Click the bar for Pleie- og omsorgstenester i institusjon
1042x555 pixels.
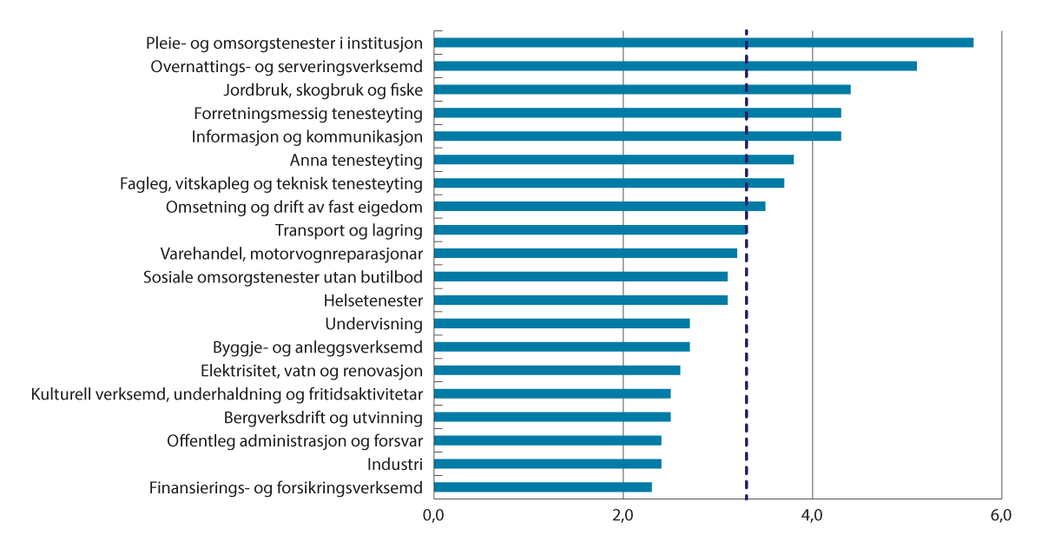[x=703, y=43]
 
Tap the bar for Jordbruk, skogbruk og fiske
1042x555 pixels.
[x=642, y=89]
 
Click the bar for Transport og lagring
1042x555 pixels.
[x=590, y=230]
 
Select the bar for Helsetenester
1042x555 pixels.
[x=580, y=301]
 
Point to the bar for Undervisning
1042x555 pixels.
[x=562, y=324]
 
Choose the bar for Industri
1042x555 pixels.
[x=547, y=464]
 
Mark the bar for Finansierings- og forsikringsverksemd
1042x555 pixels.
[x=543, y=487]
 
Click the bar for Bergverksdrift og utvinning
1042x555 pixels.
[x=552, y=417]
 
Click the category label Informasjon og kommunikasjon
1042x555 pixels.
[x=307, y=137]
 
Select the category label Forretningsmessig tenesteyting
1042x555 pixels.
[x=307, y=114]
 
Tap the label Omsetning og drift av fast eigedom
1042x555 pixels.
[x=293, y=208]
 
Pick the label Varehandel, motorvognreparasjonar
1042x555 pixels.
[x=291, y=254]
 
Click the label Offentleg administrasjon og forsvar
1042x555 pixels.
[x=294, y=441]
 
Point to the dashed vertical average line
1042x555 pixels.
[x=747, y=365]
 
